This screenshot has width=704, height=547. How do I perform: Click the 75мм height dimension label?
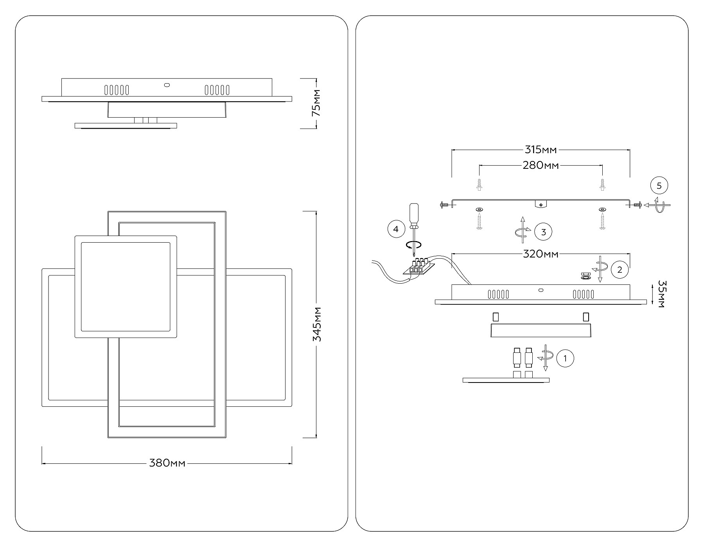pos(316,103)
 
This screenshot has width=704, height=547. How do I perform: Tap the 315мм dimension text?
pos(541,150)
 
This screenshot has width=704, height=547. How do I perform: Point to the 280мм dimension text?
pos(541,166)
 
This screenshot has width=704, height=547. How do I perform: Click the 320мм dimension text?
pos(541,254)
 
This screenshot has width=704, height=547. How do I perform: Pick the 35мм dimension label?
pos(661,294)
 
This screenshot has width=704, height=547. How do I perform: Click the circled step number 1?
pos(565,358)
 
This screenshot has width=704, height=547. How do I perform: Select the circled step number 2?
pos(620,270)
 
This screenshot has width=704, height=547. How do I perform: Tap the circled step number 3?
pos(543,232)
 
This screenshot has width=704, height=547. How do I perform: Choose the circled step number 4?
pos(396,229)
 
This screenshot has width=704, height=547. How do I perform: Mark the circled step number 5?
pos(659,186)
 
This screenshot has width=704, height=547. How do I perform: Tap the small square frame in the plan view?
pos(125,287)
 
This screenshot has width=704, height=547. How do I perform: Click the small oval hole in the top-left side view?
pos(167,84)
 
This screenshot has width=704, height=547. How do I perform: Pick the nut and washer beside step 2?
pos(585,276)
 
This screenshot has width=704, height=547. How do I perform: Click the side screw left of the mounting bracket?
pos(444,204)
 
